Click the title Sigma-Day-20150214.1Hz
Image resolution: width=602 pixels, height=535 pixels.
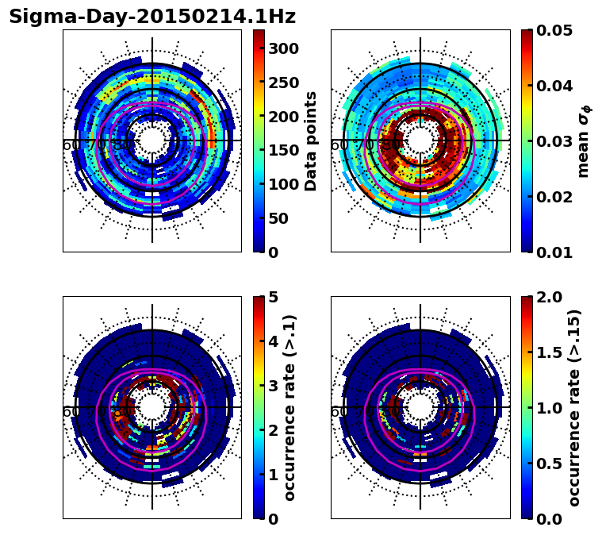click(x=152, y=17)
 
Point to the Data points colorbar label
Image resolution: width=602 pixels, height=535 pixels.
click(x=311, y=140)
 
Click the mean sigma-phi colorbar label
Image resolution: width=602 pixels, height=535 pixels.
click(x=583, y=140)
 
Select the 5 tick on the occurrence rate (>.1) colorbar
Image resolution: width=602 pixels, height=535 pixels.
click(x=273, y=297)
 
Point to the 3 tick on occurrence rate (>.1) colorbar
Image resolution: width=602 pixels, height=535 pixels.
click(x=273, y=386)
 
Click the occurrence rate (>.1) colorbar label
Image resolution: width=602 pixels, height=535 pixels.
click(x=290, y=407)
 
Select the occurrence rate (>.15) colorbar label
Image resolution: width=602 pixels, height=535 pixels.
click(x=574, y=407)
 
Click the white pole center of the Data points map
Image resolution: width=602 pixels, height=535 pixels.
click(x=151, y=140)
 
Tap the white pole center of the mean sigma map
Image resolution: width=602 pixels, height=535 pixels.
click(x=420, y=140)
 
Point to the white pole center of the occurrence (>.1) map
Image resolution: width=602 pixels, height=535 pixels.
click(x=151, y=407)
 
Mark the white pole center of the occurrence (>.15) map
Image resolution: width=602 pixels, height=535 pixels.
click(x=420, y=407)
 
